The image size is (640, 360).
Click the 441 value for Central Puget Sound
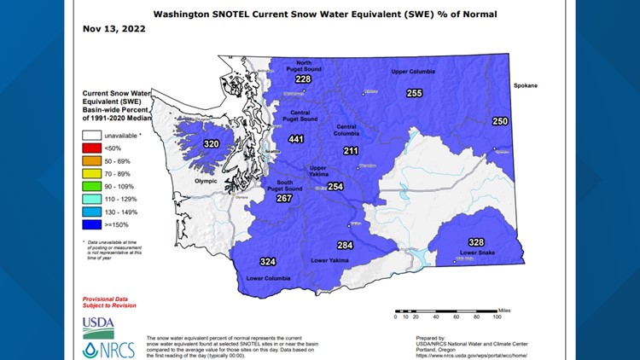[x=296, y=139]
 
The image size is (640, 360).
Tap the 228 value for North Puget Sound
[x=303, y=79]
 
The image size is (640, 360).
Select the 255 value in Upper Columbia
[x=414, y=93]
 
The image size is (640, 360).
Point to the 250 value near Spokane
[x=500, y=121]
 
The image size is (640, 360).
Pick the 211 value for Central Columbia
[x=351, y=150]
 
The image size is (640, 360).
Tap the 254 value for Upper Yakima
[x=335, y=187]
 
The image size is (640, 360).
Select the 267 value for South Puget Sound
[x=284, y=198]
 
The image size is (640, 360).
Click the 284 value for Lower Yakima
[x=345, y=245]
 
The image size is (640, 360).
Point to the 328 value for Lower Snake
[x=475, y=242]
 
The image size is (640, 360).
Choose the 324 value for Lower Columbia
[x=268, y=261]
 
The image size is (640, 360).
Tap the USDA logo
[x=97, y=323]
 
